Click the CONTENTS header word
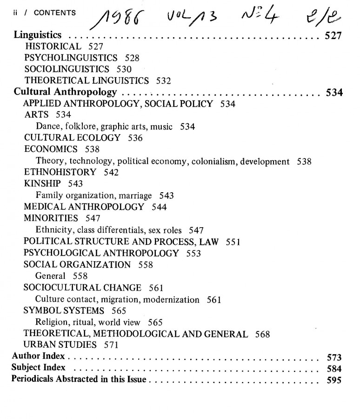click(x=54, y=13)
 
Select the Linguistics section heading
click(x=38, y=35)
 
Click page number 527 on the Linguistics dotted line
click(x=333, y=36)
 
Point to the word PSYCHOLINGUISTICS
click(x=71, y=58)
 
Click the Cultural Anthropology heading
click(x=65, y=92)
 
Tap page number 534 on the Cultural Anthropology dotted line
click(x=334, y=93)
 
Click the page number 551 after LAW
click(x=233, y=242)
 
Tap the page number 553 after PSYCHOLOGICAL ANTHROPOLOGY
click(x=193, y=253)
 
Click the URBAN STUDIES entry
click(x=60, y=345)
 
